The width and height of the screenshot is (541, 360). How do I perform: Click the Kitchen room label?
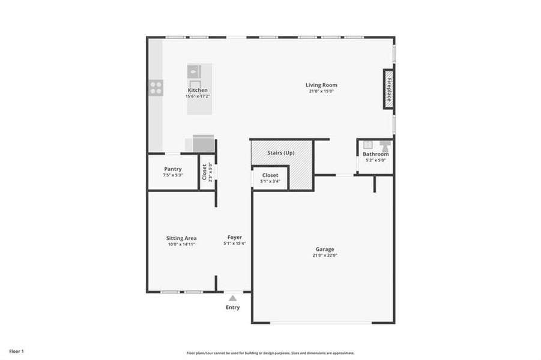pyautogui.click(x=198, y=90)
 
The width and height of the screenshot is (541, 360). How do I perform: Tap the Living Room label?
pyautogui.click(x=321, y=85)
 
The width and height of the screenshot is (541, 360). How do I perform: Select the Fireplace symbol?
pyautogui.click(x=389, y=89)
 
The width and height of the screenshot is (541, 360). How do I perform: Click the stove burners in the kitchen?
pyautogui.click(x=156, y=88)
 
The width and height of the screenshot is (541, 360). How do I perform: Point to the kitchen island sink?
pyautogui.click(x=195, y=71)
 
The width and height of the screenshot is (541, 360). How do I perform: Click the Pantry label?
pyautogui.click(x=173, y=169)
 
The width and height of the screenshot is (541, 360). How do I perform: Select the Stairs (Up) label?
pyautogui.click(x=280, y=153)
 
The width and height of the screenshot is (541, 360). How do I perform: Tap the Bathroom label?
pyautogui.click(x=375, y=154)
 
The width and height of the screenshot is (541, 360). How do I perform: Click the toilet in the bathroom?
pyautogui.click(x=384, y=146)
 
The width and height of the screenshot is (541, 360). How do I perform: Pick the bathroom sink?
pyautogui.click(x=367, y=145)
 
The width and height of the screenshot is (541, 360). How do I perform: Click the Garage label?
pyautogui.click(x=325, y=249)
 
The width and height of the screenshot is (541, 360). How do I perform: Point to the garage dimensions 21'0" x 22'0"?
pyautogui.click(x=325, y=255)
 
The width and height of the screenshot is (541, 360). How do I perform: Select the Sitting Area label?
pyautogui.click(x=181, y=238)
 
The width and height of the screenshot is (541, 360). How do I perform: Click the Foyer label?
pyautogui.click(x=234, y=237)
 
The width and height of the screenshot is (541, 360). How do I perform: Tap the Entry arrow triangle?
pyautogui.click(x=233, y=298)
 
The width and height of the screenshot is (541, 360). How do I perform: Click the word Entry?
pyautogui.click(x=233, y=308)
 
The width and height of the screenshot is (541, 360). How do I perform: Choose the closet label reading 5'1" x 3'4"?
pyautogui.click(x=270, y=181)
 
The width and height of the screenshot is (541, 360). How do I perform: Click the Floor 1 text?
pyautogui.click(x=16, y=351)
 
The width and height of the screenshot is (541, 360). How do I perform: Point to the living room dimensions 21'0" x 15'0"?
pyautogui.click(x=321, y=91)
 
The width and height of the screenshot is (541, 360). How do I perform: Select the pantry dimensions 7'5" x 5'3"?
pyautogui.click(x=173, y=175)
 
